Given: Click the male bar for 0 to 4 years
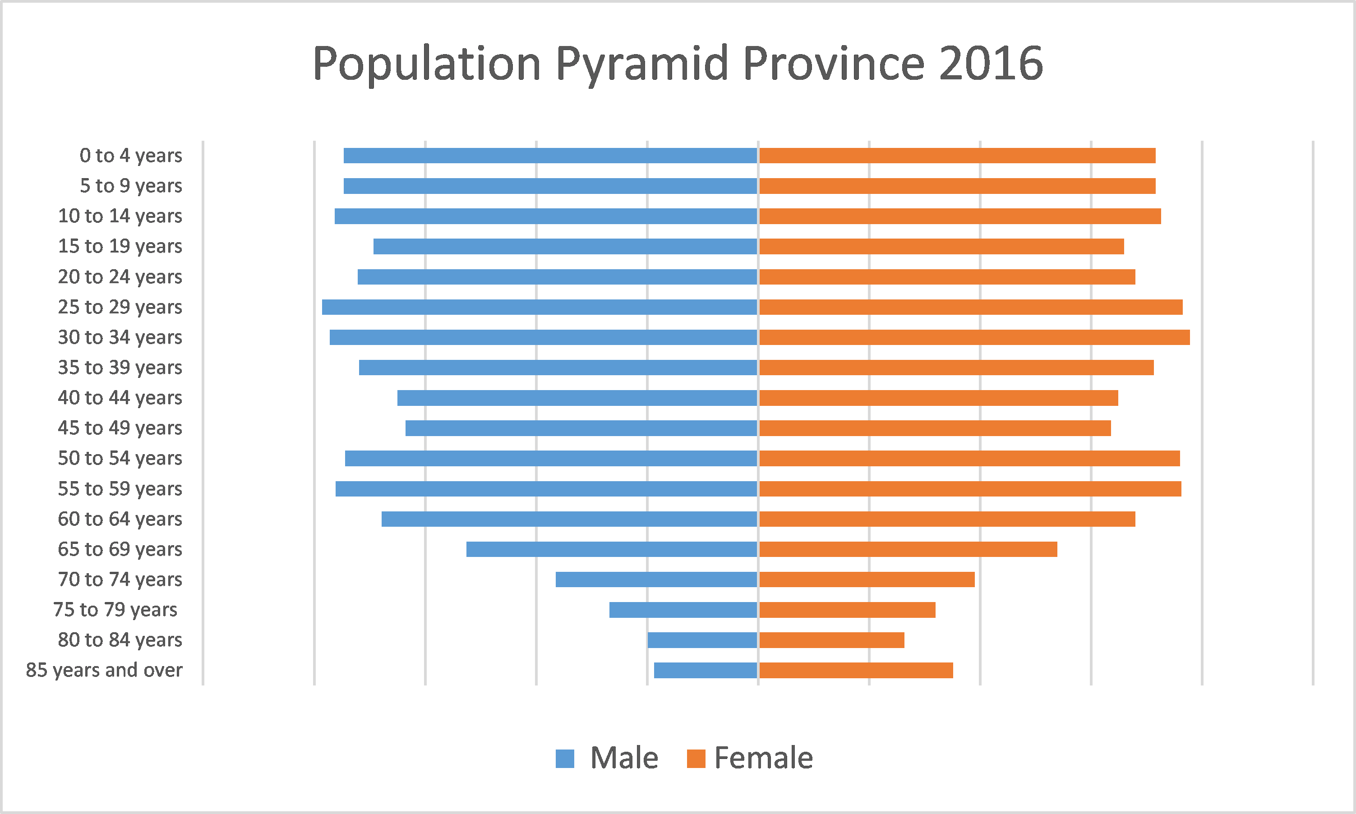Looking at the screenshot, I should point(550,156).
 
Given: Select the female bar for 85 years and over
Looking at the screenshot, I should point(856,670).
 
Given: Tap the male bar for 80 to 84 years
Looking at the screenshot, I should point(702,640).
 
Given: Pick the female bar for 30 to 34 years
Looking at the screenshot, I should point(974,337).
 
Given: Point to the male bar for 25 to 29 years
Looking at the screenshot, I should point(540,307).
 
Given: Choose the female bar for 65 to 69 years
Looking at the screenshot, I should point(908,549).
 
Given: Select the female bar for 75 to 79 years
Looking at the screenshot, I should point(847,610).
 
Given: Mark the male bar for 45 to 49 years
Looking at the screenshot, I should point(581,428).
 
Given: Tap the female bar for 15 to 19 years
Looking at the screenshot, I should point(941,247).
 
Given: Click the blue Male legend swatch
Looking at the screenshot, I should point(564,759).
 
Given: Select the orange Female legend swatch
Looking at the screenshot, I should point(696,759).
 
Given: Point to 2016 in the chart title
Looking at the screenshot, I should point(991,64).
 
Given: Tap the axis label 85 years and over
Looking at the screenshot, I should point(104,670).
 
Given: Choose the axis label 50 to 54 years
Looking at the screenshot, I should point(120,458).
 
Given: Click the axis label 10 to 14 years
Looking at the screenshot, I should point(120,216).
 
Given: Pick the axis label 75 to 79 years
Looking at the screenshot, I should point(115,610).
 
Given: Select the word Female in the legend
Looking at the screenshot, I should point(764,758).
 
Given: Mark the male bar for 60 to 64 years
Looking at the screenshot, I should point(569,519).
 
